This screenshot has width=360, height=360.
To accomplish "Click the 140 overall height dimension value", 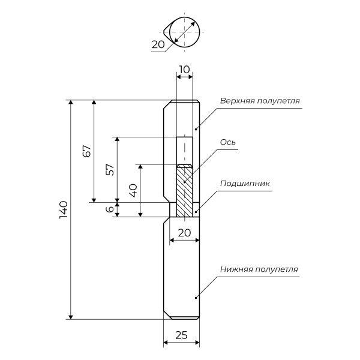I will click(x=64, y=211).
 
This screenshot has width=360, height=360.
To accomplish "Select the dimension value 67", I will click(x=86, y=151).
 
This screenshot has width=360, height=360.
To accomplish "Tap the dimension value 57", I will click(x=110, y=170).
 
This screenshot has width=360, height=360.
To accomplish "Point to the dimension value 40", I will click(x=133, y=190).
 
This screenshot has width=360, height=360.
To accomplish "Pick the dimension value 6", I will click(x=109, y=209).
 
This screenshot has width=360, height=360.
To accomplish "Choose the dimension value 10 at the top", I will click(x=184, y=70).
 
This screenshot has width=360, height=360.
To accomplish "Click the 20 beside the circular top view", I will click(x=158, y=44).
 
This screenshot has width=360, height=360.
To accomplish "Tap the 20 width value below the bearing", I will click(x=184, y=232).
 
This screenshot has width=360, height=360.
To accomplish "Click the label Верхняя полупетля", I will click(x=259, y=100).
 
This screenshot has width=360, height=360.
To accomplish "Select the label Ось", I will click(x=227, y=142).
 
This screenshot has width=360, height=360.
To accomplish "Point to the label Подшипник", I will click(x=245, y=184).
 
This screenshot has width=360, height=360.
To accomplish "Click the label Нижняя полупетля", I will click(x=259, y=269).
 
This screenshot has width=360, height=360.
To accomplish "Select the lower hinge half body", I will click(x=181, y=270).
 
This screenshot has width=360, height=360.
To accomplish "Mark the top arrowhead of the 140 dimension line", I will click(x=72, y=104).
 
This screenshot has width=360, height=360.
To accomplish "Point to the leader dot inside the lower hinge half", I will click(x=193, y=297).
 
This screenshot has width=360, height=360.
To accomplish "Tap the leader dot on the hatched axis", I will click(x=185, y=182).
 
